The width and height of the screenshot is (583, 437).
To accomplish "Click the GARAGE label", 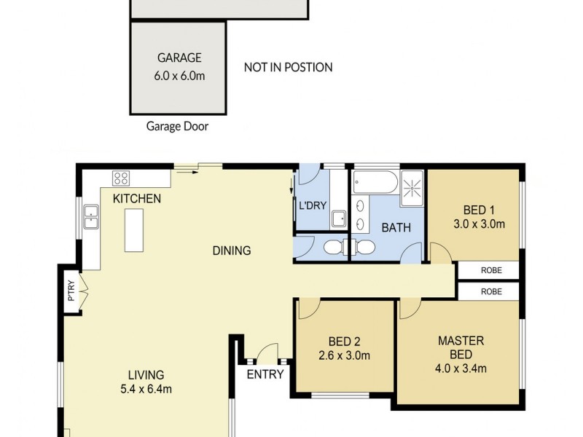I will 179,58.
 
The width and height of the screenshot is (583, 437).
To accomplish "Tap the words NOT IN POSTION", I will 288,68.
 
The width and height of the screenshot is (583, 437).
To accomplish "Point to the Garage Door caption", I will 177,127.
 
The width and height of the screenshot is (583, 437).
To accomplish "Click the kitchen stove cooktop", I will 120,178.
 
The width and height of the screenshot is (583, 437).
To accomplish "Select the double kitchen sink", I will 91,217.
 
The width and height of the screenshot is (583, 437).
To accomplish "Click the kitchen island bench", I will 133,230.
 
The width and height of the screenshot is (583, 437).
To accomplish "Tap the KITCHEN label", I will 136,199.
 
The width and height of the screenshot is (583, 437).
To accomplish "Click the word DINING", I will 231,251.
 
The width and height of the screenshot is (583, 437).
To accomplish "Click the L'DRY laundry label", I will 312,205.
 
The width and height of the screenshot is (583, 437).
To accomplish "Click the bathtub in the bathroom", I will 375,183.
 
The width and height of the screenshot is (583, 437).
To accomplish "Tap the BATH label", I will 396,228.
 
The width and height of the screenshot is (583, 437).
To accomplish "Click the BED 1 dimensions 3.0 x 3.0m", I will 479,224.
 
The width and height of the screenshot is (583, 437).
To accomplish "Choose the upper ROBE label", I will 491,270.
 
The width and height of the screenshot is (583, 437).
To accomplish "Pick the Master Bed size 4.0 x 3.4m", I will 461,369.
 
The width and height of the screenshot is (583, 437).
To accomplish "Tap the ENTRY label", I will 265,374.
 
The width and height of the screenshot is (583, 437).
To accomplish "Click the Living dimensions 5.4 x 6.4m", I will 146,389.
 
